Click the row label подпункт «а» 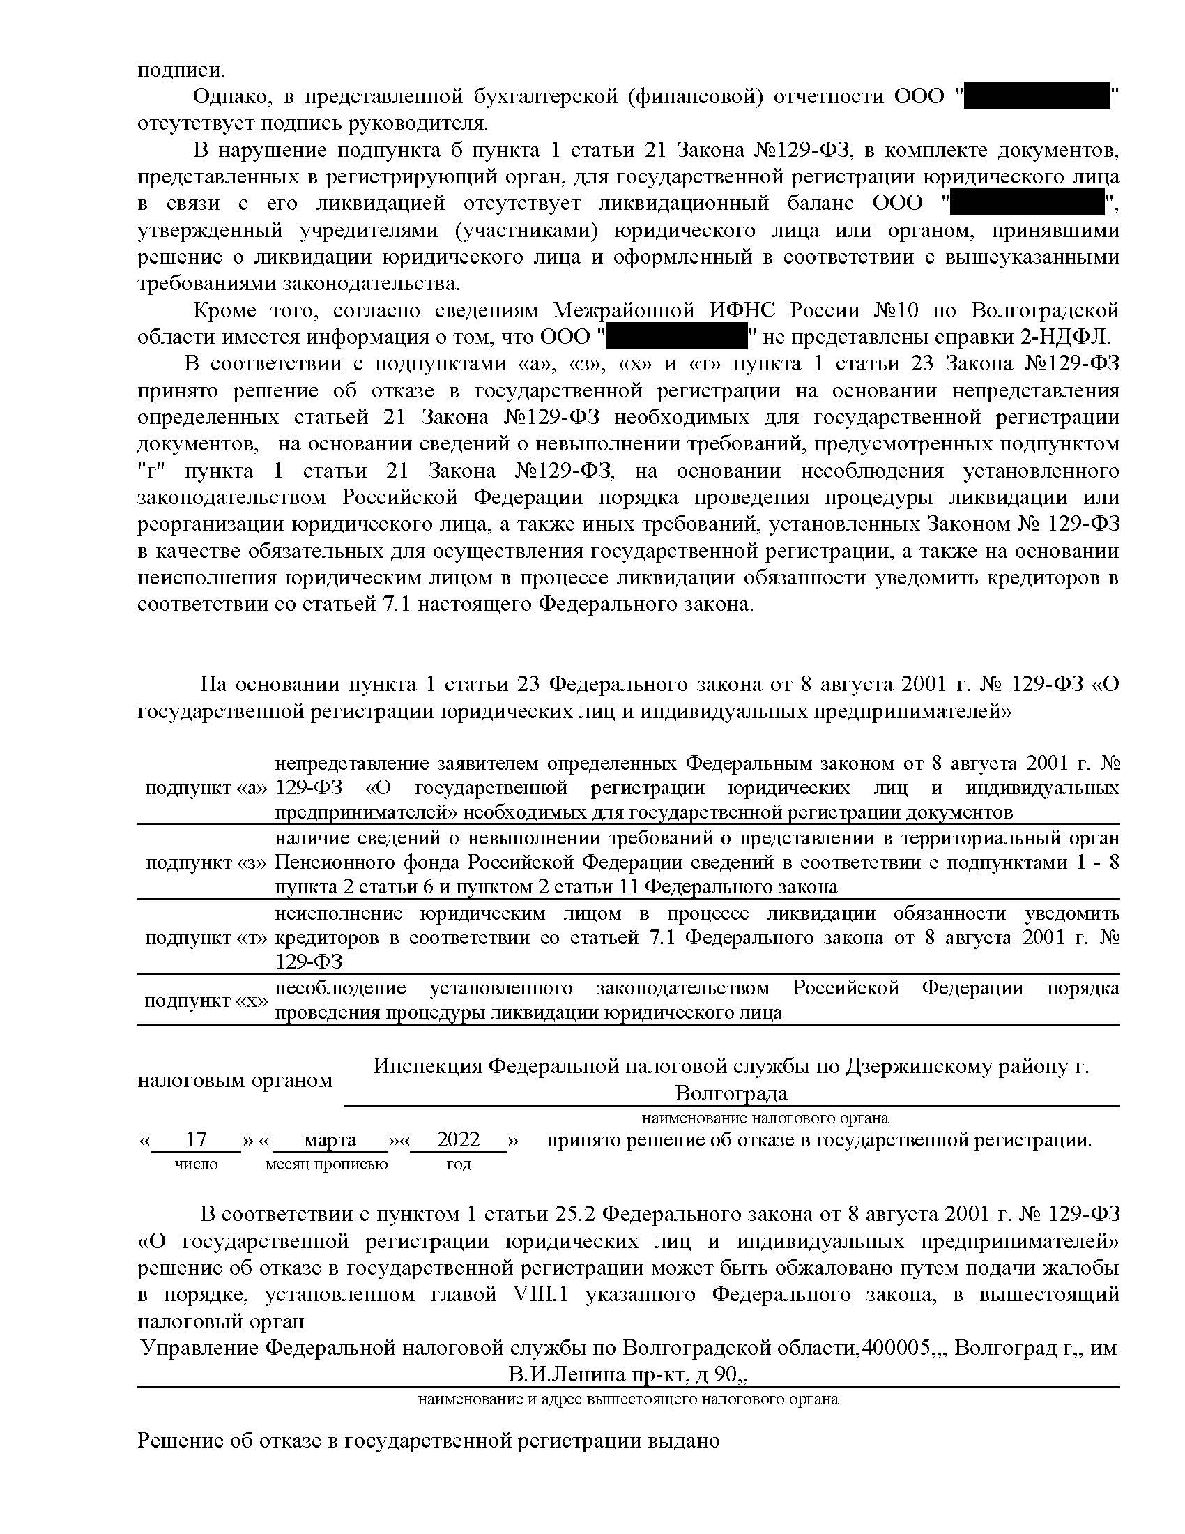coord(206,788)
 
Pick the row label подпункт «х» coord(206,1001)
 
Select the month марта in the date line coord(330,1139)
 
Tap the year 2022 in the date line coord(458,1139)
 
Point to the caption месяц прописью coord(326,1164)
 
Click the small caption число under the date coord(196,1164)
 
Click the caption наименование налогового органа coord(765,1117)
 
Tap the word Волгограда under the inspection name coord(731,1093)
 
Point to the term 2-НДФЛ coord(1064,337)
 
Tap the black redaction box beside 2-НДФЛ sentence coord(677,337)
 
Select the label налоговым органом coord(234,1080)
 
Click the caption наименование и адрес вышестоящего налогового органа coord(627,1399)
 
